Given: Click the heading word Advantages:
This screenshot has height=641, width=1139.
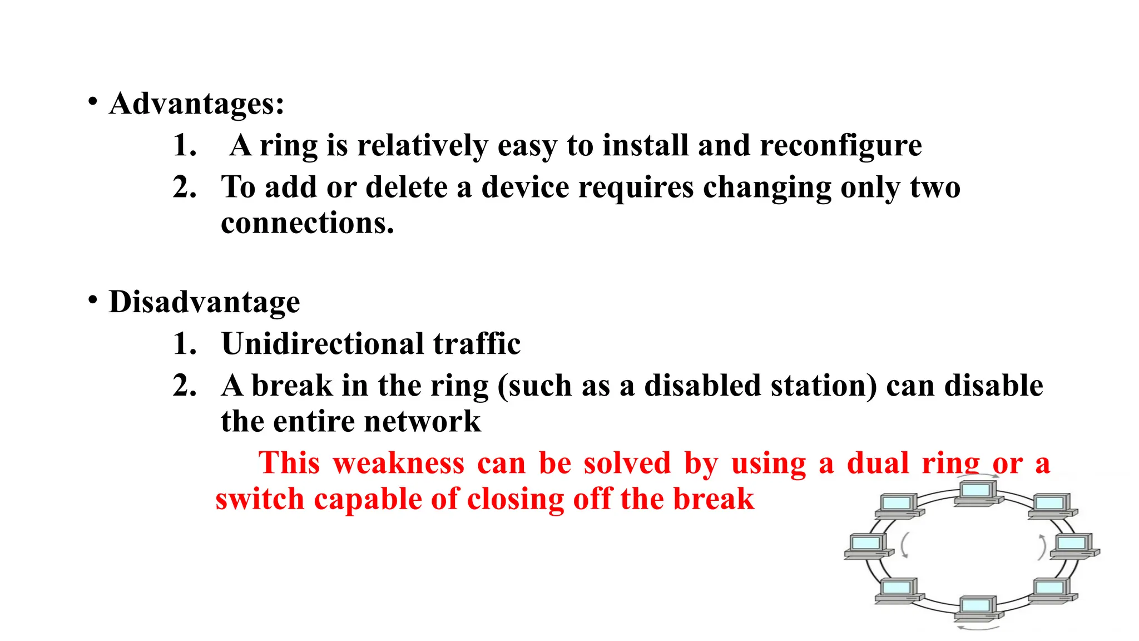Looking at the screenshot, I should tap(196, 104).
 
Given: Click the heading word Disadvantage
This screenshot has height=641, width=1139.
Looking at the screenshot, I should tap(204, 302).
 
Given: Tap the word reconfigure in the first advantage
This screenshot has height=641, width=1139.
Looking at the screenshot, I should tap(840, 146).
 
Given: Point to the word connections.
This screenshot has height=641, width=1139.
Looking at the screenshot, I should tap(307, 223).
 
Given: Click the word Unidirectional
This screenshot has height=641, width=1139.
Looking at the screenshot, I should tap(323, 344).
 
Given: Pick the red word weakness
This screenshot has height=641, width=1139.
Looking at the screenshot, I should tap(398, 464).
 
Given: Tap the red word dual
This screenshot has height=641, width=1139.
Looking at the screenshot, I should tap(878, 464).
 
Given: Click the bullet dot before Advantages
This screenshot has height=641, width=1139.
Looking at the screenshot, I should tap(93, 102).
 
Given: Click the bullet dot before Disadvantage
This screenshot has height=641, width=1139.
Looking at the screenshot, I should tap(93, 300).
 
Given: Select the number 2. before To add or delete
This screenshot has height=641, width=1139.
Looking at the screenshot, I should tap(185, 188).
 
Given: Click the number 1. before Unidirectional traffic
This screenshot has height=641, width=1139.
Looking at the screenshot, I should tap(185, 344).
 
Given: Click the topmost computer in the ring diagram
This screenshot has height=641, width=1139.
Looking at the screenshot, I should tap(977, 493).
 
